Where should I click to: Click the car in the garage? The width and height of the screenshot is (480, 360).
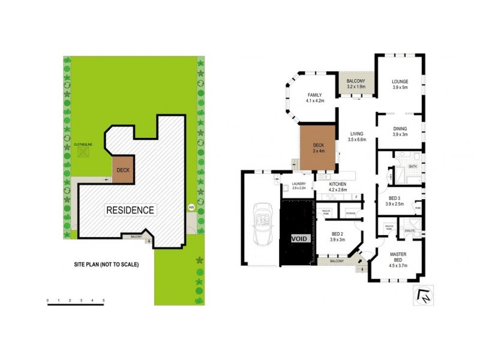coord(262,224)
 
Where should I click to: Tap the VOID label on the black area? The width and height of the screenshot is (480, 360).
coord(298,238)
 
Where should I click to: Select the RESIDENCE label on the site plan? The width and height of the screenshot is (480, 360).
coord(130,210)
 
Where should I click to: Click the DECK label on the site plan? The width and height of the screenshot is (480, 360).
coord(123,170)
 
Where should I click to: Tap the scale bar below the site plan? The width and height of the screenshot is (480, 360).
coord(76,305)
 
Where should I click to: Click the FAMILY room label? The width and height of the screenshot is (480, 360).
coord(315,95)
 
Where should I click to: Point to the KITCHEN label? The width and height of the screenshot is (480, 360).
coord(338,184)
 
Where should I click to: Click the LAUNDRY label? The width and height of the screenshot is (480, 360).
coord(299,184)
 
